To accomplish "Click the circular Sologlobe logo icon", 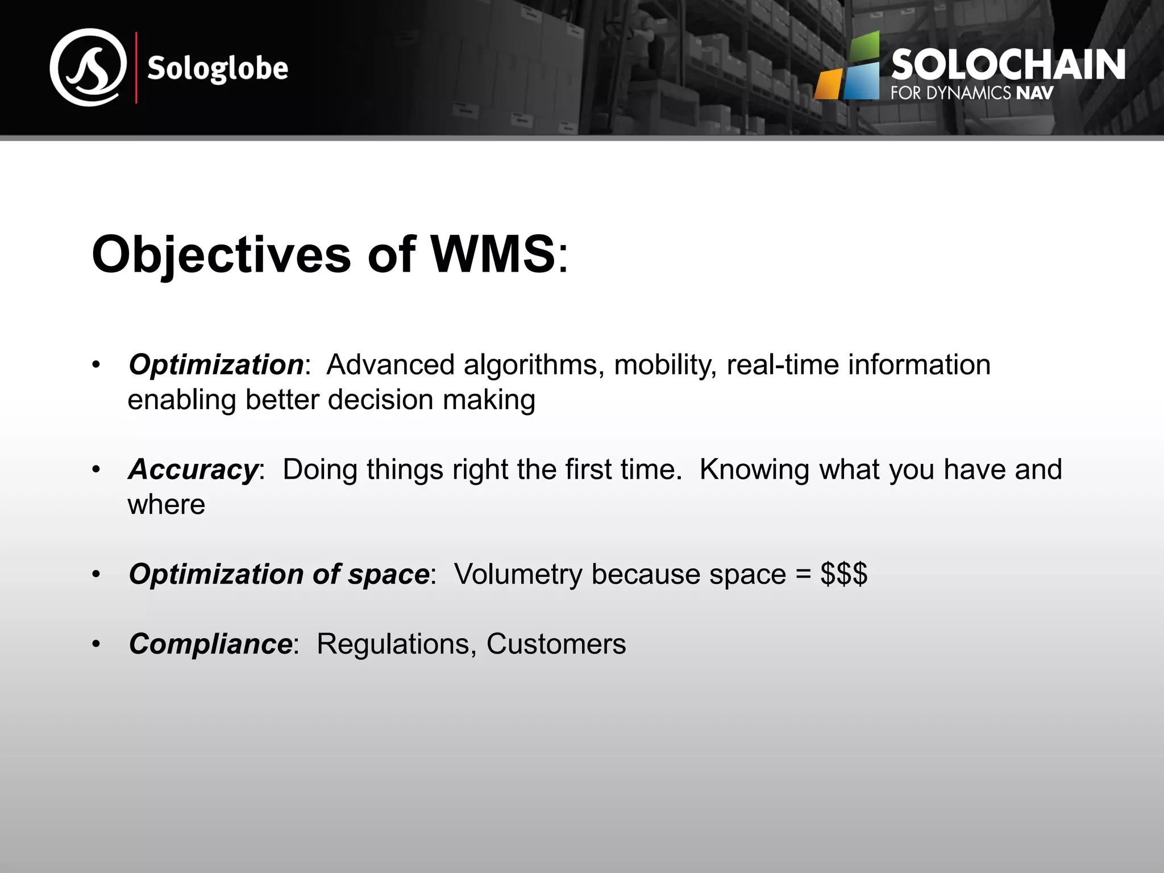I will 88,68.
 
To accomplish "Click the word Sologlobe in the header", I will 218,69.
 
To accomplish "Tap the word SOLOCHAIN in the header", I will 1008,65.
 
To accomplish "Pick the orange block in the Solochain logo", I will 828,85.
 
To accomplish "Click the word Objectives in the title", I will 222,255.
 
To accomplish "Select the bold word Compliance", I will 210,644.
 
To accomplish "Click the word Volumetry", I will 518,574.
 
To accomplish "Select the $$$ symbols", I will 843,574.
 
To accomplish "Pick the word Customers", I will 556,644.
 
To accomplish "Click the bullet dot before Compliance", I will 96,645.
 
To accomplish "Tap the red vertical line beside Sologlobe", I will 136,68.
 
